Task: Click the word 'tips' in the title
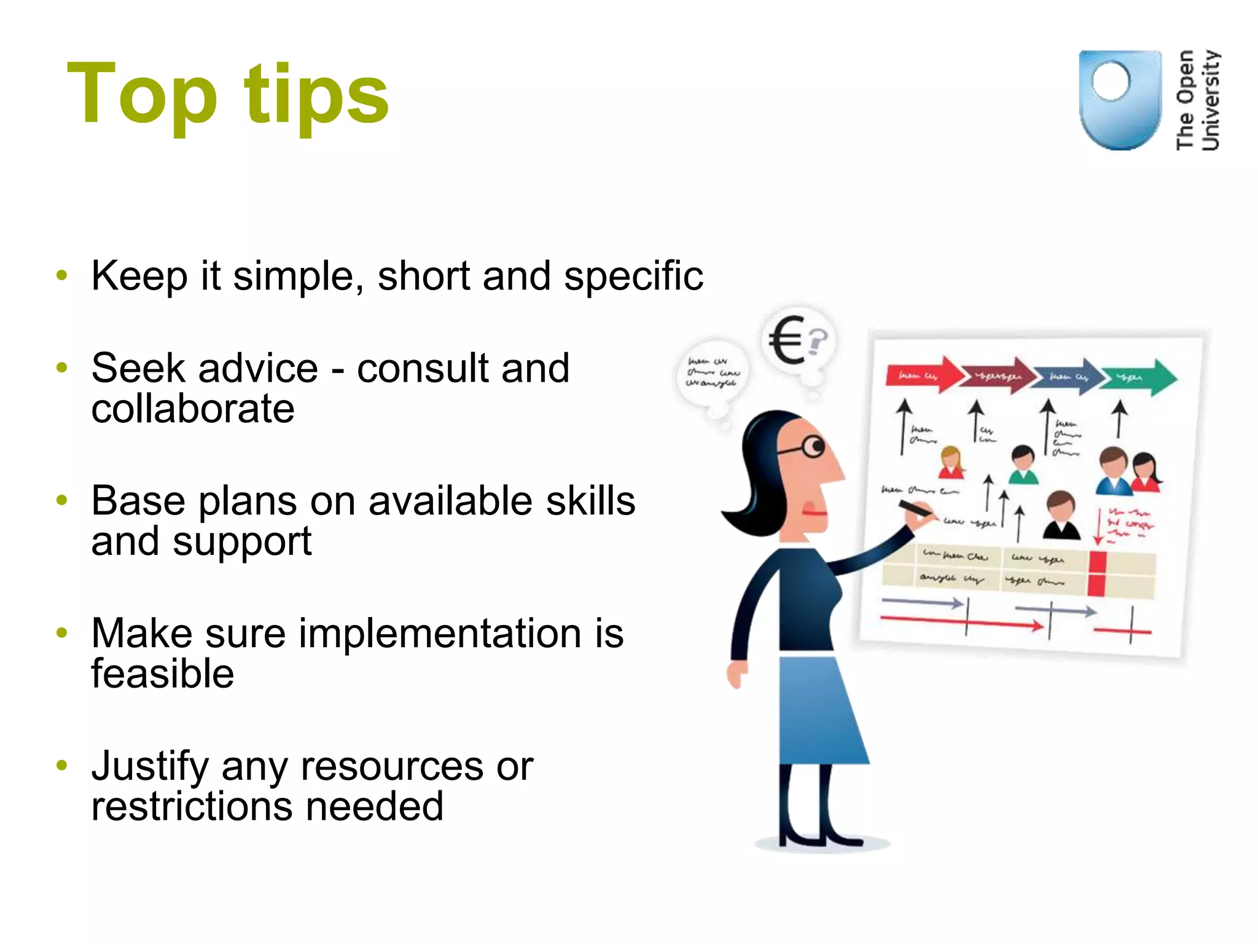316,96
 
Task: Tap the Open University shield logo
1120,100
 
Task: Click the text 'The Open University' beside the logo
1197,100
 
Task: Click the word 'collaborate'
193,409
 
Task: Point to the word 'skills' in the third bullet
590,501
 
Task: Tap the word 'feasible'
163,674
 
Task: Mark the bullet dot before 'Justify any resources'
61,765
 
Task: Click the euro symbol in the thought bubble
787,339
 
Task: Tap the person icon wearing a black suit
1061,516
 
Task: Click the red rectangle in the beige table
1097,574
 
